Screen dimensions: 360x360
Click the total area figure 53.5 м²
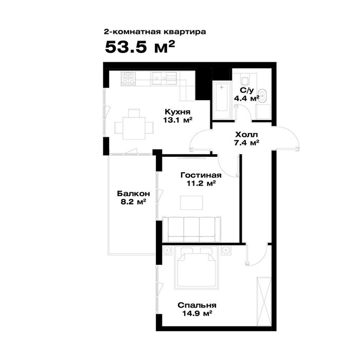pos(140,47)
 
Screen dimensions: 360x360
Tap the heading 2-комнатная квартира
pos(155,32)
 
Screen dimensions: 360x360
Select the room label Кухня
pos(178,112)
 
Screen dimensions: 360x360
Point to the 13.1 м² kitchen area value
pos(178,120)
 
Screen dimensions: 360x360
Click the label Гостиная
pos(201,175)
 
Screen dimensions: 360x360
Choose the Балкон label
pos(133,193)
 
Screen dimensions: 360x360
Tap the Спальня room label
pos(197,305)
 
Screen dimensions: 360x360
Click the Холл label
pos(246,135)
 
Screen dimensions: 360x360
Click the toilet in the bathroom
pos(245,79)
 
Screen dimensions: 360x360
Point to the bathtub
pos(221,100)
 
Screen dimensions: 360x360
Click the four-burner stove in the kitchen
pos(129,79)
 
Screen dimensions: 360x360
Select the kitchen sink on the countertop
pos(164,78)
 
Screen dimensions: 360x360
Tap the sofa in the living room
pos(191,229)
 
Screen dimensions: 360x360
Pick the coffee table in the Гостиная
pos(191,203)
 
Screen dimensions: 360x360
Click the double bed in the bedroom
pos(196,267)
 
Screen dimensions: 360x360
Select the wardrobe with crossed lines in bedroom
pos(264,301)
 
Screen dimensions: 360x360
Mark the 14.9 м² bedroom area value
pos(197,313)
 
